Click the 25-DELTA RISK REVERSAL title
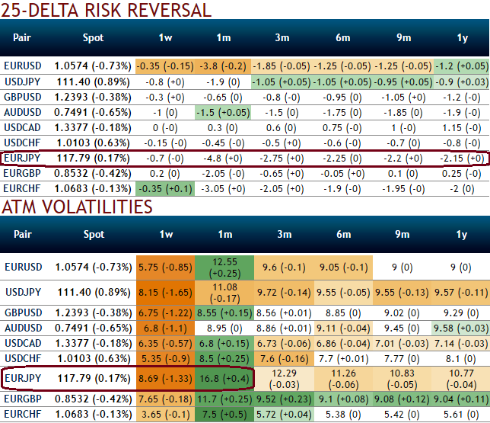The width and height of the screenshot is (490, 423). pyautogui.click(x=107, y=11)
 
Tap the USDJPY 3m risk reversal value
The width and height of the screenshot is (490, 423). pyautogui.click(x=282, y=82)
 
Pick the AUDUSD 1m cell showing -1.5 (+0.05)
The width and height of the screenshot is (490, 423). pyautogui.click(x=222, y=113)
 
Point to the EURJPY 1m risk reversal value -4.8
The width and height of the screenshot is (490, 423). pyautogui.click(x=222, y=159)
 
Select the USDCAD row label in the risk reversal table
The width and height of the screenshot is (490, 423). pyautogui.click(x=22, y=128)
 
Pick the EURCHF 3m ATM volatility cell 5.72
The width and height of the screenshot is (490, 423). pyautogui.click(x=282, y=414)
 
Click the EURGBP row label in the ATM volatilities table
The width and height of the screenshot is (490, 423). pyautogui.click(x=22, y=398)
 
